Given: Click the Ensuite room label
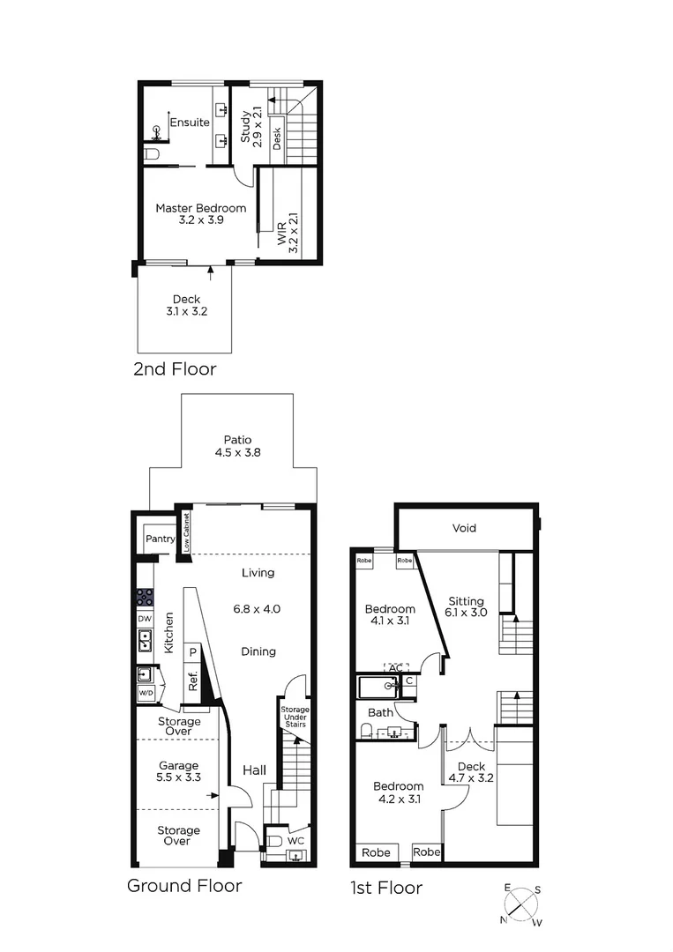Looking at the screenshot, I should tap(190, 123).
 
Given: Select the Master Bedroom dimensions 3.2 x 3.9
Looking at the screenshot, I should tap(201, 220).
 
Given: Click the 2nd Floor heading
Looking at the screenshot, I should tap(175, 368).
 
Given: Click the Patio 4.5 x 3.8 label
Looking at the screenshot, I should tap(237, 446).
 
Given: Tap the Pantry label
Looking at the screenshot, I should tap(161, 539).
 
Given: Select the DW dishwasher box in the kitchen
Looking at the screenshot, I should tap(145, 619).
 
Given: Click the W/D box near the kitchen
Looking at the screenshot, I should tap(145, 693).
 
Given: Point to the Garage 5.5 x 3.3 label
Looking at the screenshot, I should tap(179, 771).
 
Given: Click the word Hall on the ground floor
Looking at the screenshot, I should tap(254, 770).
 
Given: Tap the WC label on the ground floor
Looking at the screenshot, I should tap(297, 841).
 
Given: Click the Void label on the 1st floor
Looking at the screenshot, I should tap(464, 528).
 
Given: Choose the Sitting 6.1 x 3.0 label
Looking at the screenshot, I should tap(467, 607).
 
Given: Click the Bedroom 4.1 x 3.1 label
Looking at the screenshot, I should tap(390, 615).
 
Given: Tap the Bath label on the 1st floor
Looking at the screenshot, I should tap(380, 711).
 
